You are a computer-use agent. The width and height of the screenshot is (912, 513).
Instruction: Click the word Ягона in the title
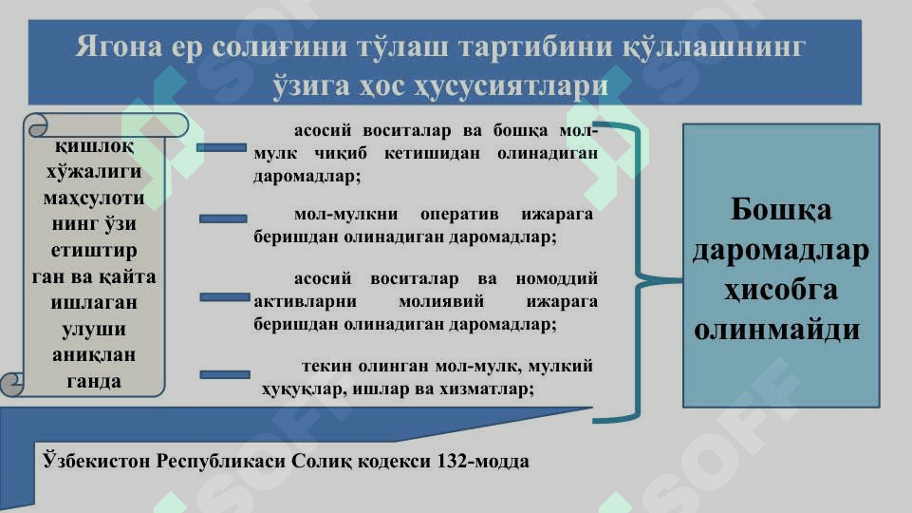click(119, 47)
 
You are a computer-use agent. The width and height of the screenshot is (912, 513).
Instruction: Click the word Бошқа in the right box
click(780, 210)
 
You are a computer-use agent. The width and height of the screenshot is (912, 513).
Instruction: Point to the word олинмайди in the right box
click(777, 330)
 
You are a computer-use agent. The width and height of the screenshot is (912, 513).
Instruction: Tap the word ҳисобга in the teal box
click(780, 290)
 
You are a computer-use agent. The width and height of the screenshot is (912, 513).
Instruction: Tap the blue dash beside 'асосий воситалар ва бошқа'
click(222, 148)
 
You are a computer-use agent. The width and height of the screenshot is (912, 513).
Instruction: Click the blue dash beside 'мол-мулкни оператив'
click(223, 218)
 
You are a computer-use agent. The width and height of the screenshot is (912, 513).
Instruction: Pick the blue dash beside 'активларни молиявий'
click(225, 297)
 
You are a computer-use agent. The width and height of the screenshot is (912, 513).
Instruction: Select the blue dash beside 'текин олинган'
click(225, 374)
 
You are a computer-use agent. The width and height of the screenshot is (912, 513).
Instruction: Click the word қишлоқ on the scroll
click(94, 146)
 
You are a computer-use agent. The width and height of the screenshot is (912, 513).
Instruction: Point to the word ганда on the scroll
click(94, 381)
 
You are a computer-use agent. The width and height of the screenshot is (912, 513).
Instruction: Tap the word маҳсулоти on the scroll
click(94, 199)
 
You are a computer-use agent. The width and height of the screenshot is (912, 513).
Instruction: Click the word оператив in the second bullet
click(459, 215)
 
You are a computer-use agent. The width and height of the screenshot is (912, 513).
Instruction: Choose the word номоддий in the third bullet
click(557, 279)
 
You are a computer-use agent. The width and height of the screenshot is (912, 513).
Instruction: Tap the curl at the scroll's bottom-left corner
click(11, 385)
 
